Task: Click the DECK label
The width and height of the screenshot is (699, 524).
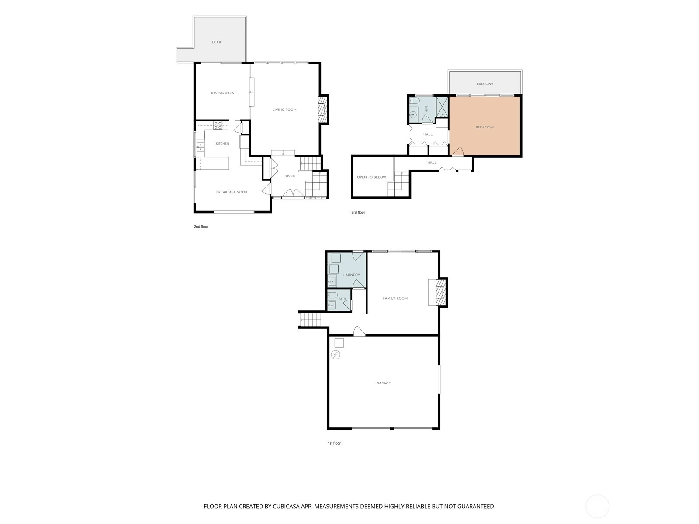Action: (217, 42)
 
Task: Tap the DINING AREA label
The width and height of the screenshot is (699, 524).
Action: (222, 93)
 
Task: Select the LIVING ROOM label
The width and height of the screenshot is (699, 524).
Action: (284, 110)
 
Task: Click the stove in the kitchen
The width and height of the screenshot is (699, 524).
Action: (218, 125)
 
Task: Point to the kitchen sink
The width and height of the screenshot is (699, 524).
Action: (200, 147)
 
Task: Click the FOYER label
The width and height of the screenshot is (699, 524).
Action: (289, 176)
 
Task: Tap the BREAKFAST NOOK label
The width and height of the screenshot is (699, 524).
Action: (232, 192)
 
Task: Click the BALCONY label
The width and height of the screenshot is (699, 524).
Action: (485, 84)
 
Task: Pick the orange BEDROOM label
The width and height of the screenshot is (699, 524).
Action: (484, 127)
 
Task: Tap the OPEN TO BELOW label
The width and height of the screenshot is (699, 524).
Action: (371, 177)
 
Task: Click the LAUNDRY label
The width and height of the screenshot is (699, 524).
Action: (352, 275)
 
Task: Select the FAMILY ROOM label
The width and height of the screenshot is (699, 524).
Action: (395, 298)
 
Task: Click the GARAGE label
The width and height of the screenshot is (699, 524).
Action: (384, 383)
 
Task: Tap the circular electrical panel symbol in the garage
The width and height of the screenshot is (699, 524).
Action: (336, 355)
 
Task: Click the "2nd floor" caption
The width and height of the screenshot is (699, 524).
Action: (201, 227)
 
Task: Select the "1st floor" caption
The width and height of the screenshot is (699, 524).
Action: (334, 443)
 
